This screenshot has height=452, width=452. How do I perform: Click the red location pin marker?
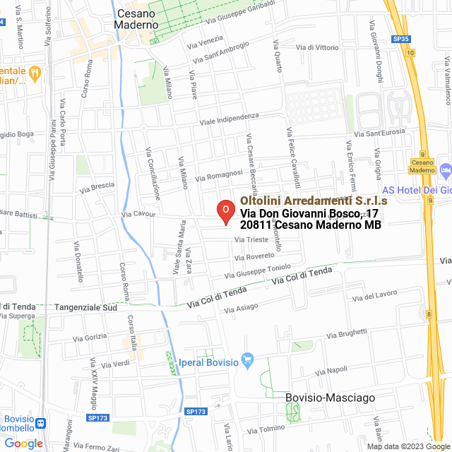[x=225, y=210]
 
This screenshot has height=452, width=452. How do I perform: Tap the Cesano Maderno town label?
[x=136, y=19]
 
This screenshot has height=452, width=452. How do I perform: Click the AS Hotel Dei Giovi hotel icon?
[x=445, y=171]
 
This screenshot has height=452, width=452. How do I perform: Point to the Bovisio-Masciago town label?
[x=320, y=398]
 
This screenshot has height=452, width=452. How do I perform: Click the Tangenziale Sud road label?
[x=90, y=308]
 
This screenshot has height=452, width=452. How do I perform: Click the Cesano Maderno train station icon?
[x=422, y=162]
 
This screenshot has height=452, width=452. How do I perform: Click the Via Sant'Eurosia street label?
[x=380, y=133]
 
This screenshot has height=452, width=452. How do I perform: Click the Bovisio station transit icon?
[x=41, y=424]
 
